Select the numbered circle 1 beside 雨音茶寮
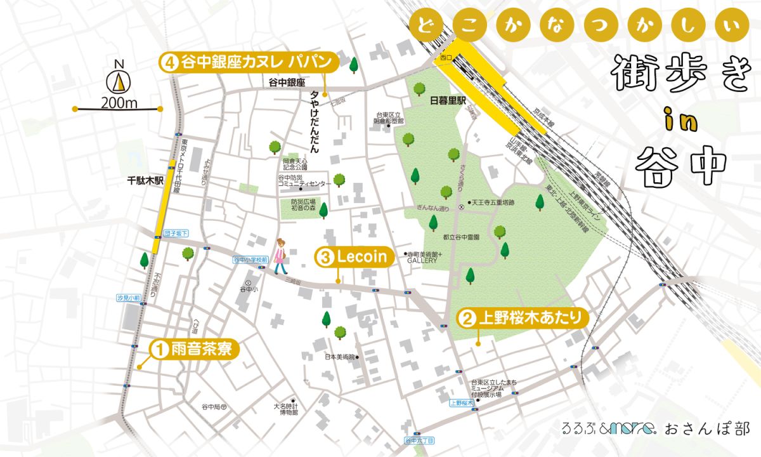coord(159,348)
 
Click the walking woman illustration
coord(280,256)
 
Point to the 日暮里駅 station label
coord(448,100)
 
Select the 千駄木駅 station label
coord(145,180)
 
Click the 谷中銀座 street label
coord(287,83)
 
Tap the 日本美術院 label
coord(339,357)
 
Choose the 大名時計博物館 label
coord(285,409)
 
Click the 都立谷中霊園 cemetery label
coord(460,236)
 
